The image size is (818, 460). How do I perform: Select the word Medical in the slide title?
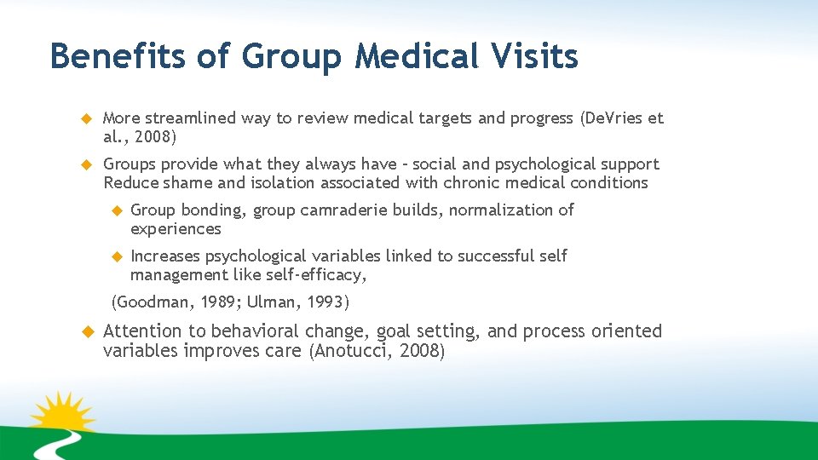(405, 57)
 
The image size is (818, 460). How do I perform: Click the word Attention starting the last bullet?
(142, 331)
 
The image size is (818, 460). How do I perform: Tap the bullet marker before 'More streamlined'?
(85, 118)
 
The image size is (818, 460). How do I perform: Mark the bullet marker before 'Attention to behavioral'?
(85, 331)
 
